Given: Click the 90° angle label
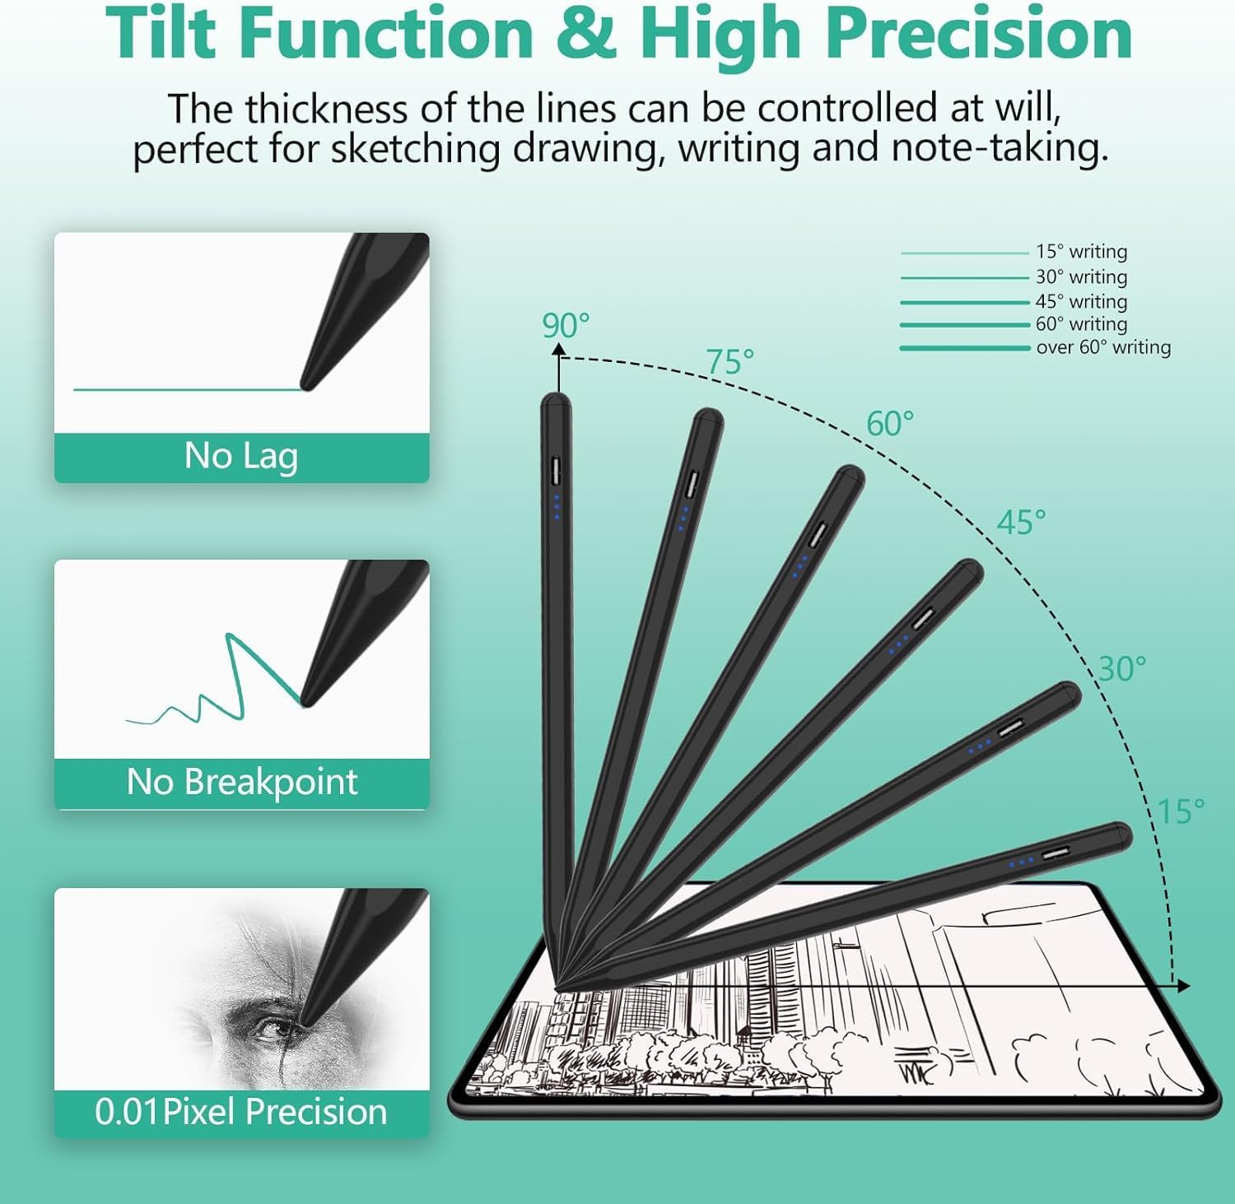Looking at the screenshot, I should click(x=566, y=326).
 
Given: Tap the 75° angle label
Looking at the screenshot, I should click(x=729, y=362).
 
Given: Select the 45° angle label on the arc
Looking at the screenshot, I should click(x=1021, y=523).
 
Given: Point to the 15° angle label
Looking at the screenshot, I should click(x=1181, y=811).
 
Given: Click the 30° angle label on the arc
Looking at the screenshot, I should click(x=1121, y=669).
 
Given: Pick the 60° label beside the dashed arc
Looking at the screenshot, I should click(x=890, y=424).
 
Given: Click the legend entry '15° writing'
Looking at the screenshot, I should click(x=1081, y=252).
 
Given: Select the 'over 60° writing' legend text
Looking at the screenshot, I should click(x=1103, y=347).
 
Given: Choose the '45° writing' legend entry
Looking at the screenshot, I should click(x=1081, y=301).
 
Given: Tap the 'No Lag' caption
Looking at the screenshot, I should click(x=241, y=456).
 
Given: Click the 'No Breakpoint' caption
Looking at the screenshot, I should click(x=242, y=782).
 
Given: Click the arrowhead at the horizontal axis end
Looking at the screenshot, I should click(x=1183, y=985).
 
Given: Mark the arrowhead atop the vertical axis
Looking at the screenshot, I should click(x=559, y=351).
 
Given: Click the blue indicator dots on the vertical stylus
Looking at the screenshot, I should click(x=557, y=507).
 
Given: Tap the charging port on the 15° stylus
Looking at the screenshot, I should click(x=1056, y=853).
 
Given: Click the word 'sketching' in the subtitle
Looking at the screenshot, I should click(x=415, y=149).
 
